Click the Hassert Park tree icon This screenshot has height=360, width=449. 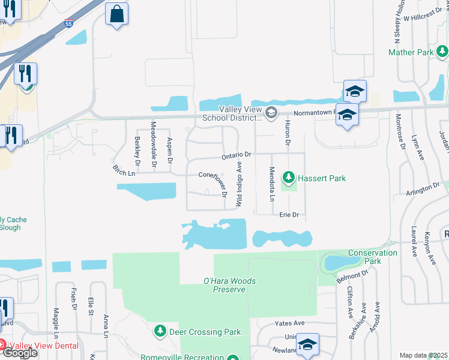point(289,178)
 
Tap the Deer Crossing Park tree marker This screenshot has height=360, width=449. point(160,331)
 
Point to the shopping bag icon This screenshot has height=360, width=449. point(116,13)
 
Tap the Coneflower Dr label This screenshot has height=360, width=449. point(214,175)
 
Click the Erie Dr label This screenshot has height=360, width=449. point(289,214)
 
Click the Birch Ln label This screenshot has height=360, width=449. point(123,172)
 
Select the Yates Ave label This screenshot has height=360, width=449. point(289,323)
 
